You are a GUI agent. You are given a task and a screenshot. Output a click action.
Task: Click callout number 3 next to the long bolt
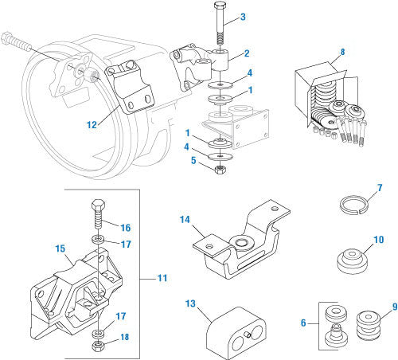244,17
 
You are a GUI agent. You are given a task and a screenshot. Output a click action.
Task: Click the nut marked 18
96,346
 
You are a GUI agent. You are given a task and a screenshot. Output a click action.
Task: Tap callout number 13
189,303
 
